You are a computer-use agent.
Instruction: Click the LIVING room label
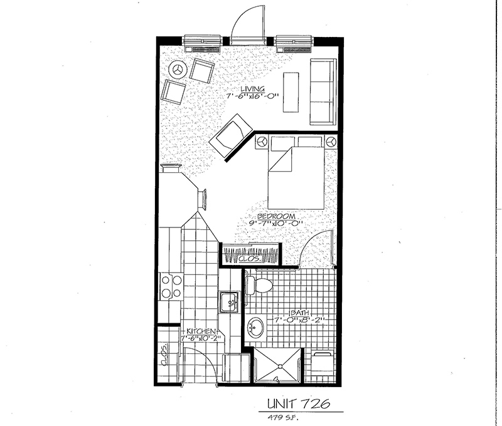click(253, 89)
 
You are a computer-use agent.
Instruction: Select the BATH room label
click(300, 313)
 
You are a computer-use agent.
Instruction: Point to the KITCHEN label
click(201, 331)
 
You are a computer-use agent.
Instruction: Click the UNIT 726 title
click(299, 404)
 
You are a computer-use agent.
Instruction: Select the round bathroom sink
click(256, 327)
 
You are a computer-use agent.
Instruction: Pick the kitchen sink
click(229, 302)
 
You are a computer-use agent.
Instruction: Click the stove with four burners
click(171, 286)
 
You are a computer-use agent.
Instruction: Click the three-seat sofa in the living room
click(323, 91)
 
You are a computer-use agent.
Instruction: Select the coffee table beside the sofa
click(291, 92)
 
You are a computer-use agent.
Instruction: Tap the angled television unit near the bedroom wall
click(231, 135)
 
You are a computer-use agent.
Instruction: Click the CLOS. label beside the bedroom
click(250, 258)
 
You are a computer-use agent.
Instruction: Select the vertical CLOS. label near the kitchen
click(164, 355)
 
